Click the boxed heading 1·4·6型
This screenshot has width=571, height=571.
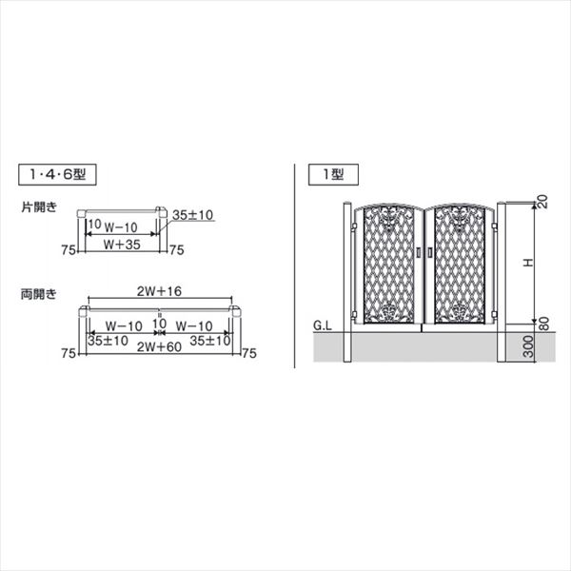57,175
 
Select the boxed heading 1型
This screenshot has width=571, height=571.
333,175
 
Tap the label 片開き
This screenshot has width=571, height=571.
39,207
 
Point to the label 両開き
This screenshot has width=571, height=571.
39,294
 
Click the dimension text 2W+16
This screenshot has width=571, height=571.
159,291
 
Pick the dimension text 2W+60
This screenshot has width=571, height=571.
159,347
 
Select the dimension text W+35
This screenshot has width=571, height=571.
122,245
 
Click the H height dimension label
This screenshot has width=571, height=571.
528,263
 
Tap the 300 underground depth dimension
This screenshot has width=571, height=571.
528,346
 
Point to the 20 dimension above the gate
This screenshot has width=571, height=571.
542,202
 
